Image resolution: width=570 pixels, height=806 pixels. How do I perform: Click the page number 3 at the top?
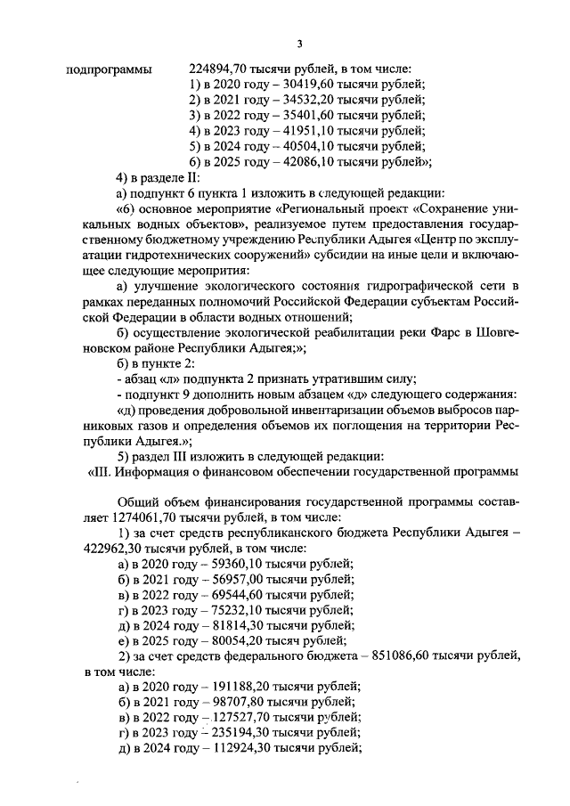300,44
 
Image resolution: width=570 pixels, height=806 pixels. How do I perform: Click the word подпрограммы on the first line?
109,69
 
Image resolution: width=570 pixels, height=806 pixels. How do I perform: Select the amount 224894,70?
220,69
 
